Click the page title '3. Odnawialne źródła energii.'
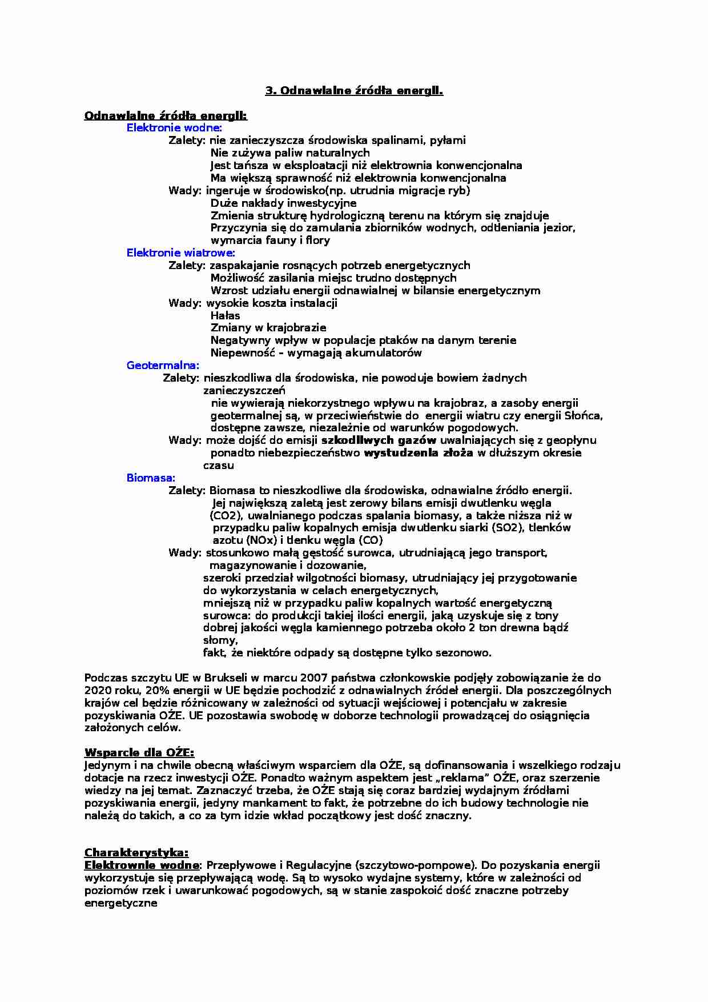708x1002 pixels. (x=354, y=90)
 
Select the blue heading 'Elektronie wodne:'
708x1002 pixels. (x=174, y=128)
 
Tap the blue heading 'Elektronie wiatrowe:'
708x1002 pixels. (x=180, y=252)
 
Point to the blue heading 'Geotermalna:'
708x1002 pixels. (x=163, y=365)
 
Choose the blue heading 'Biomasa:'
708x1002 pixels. (x=151, y=478)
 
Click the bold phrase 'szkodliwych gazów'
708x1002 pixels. (x=379, y=440)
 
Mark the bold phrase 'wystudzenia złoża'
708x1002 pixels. (x=418, y=452)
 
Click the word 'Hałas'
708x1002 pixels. (x=225, y=315)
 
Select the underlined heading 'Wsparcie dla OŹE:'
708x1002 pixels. (x=139, y=752)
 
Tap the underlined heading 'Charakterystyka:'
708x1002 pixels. (x=136, y=853)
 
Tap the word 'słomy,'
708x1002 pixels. (x=220, y=640)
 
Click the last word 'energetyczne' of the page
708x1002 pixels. (x=120, y=903)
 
